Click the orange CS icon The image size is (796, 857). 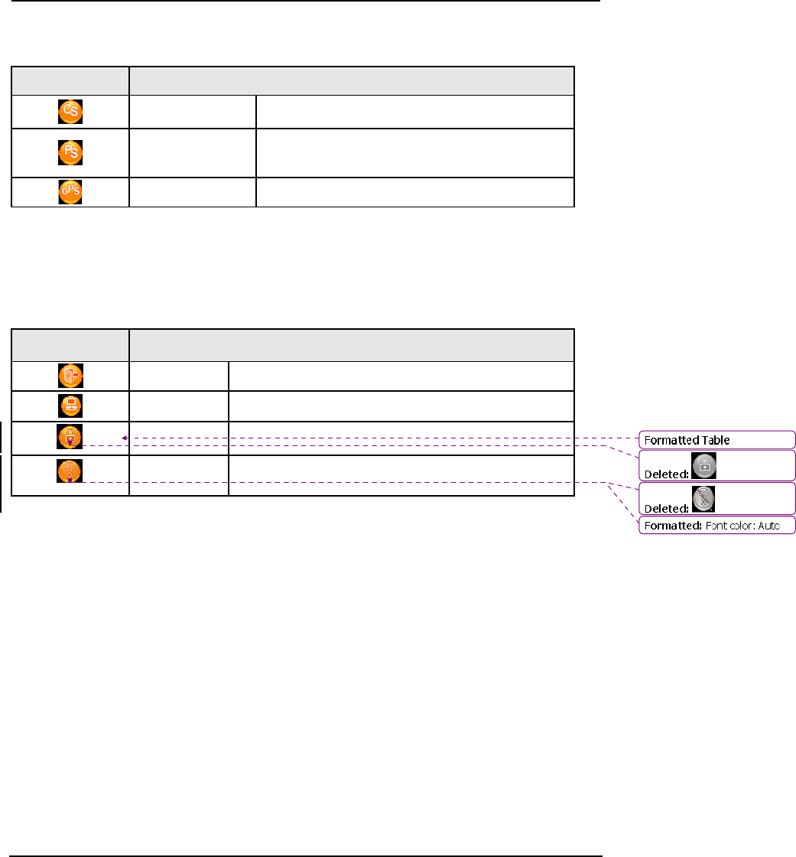click(x=70, y=112)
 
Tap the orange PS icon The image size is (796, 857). click(x=70, y=152)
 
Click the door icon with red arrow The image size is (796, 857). click(x=70, y=376)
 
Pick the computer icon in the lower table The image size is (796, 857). click(x=70, y=406)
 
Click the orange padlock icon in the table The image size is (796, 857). click(x=70, y=437)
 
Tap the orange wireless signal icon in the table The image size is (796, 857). click(x=70, y=471)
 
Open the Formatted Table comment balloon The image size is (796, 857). click(x=716, y=440)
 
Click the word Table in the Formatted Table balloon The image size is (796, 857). click(x=714, y=440)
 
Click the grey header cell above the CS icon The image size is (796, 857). click(x=70, y=80)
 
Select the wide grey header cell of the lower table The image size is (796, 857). click(x=351, y=344)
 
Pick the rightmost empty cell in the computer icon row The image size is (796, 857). click(x=401, y=406)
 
